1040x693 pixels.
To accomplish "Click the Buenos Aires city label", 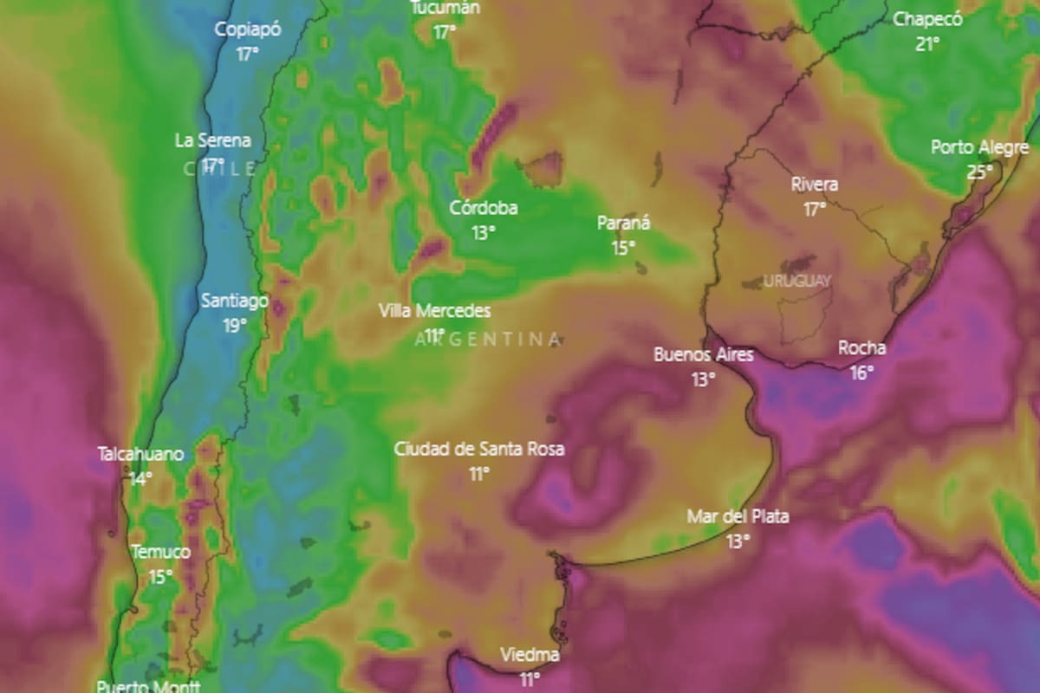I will point(703,354).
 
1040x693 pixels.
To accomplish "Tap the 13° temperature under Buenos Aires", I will point(703,379).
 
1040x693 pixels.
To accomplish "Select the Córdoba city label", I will point(484,208).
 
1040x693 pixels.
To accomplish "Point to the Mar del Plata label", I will point(738,517).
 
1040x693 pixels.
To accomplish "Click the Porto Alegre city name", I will point(979,147).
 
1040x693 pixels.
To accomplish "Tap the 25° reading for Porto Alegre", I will point(979,172).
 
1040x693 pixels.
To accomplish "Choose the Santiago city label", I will point(235,301).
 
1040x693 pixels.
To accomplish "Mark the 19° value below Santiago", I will point(235,326).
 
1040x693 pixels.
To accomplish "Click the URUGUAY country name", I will point(797,281).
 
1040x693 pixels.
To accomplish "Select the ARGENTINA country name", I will point(488,339).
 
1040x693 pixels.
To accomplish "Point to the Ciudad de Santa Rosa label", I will point(479,449).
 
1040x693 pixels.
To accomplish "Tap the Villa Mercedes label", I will point(434,311).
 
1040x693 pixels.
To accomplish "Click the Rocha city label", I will point(861,348).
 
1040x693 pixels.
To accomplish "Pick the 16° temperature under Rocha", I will point(861,372).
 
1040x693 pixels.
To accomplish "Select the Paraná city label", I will point(623,223).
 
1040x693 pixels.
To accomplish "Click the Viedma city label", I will point(530,655).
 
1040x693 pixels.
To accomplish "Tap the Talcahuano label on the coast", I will point(140,454).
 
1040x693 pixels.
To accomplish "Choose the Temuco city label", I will point(159,552).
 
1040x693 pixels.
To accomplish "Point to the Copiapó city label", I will point(248,29).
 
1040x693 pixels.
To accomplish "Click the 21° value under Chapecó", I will point(927,43).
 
